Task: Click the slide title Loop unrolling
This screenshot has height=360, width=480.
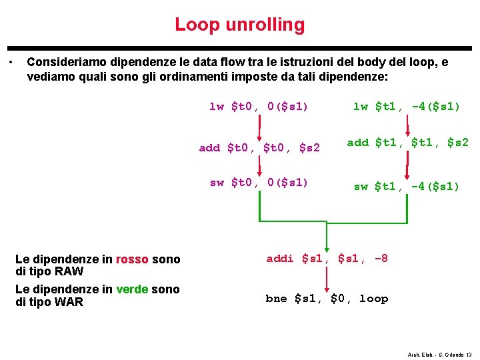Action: coord(239,25)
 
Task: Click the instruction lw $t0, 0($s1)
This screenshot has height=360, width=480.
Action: coord(259,106)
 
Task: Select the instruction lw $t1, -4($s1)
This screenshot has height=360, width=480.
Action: coord(407,106)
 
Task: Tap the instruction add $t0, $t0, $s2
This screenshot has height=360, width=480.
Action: coord(259,147)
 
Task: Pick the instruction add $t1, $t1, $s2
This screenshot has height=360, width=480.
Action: coord(407,142)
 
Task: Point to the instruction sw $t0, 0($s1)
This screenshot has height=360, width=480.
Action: coord(259,182)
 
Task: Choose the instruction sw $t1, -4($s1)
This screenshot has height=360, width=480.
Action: coord(407,186)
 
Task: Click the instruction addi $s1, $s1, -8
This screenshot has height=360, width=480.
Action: coord(327,258)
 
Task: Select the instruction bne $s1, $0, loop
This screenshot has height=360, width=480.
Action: coord(327,298)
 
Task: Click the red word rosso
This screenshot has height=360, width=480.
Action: coord(132,259)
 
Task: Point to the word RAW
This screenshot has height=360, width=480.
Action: coord(69,271)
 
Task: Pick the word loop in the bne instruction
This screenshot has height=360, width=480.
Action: coord(373,298)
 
